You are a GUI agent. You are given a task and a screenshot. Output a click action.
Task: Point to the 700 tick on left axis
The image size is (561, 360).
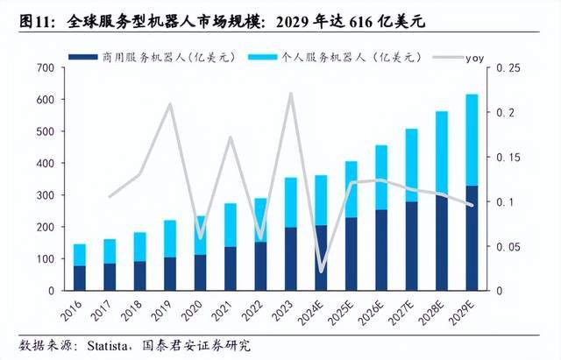(x=43, y=67)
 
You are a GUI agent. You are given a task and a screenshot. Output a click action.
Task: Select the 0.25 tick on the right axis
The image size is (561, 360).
(x=509, y=67)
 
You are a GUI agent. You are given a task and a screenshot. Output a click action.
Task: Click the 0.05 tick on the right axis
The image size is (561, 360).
(x=509, y=246)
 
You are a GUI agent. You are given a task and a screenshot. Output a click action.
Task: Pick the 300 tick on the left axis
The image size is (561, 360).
(x=43, y=195)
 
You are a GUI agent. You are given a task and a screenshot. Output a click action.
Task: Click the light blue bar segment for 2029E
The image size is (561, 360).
(x=472, y=140)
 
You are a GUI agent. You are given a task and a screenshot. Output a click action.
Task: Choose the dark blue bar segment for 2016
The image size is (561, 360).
(x=79, y=278)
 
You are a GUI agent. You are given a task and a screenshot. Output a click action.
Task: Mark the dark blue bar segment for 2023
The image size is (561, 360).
(x=290, y=258)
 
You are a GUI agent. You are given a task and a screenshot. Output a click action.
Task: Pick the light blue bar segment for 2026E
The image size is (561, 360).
(x=380, y=178)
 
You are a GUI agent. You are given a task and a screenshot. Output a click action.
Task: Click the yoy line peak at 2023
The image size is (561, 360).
(x=290, y=93)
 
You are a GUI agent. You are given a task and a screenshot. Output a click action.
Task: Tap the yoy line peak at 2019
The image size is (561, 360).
(x=170, y=104)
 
